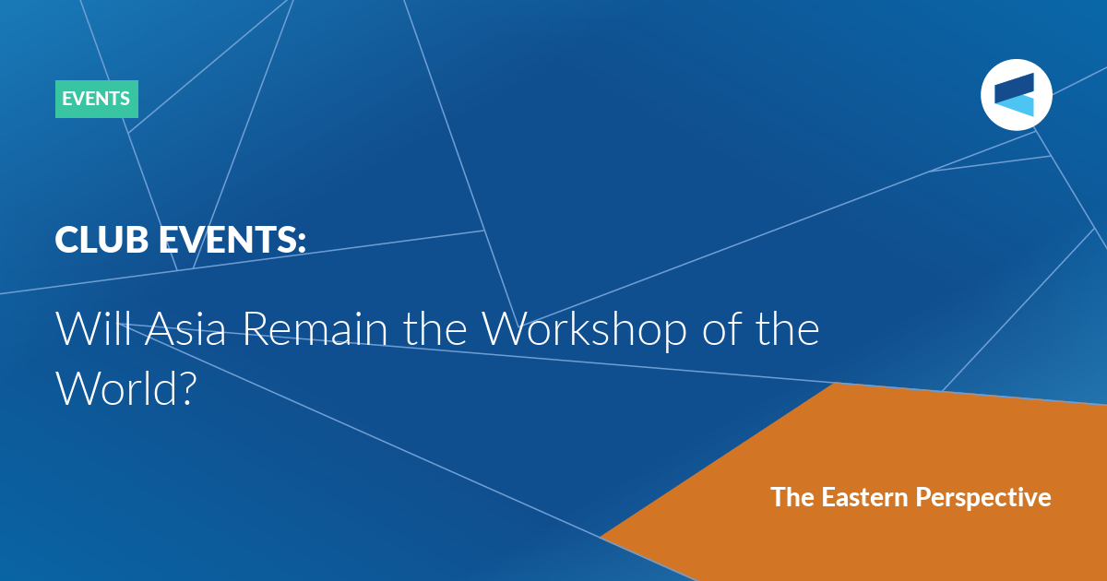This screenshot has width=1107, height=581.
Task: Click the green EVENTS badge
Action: click(97, 99)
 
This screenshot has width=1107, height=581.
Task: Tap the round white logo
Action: click(1016, 95)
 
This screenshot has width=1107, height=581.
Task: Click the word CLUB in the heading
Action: click(101, 240)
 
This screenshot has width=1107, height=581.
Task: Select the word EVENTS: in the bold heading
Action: click(232, 240)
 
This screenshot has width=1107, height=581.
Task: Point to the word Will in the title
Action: click(94, 328)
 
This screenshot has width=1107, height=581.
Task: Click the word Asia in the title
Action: click(185, 328)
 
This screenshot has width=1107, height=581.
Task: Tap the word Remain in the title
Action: click(315, 328)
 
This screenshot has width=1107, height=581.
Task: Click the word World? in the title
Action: click(126, 388)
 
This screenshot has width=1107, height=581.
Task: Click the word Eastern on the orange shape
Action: click(865, 497)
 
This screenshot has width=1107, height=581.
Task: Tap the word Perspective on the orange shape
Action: click(983, 498)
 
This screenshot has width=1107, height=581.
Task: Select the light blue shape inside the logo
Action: click(1016, 106)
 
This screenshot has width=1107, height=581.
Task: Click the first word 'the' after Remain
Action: click(435, 328)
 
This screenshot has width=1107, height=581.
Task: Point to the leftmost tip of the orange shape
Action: click(601, 537)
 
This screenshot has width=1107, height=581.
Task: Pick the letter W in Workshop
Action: click(507, 328)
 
